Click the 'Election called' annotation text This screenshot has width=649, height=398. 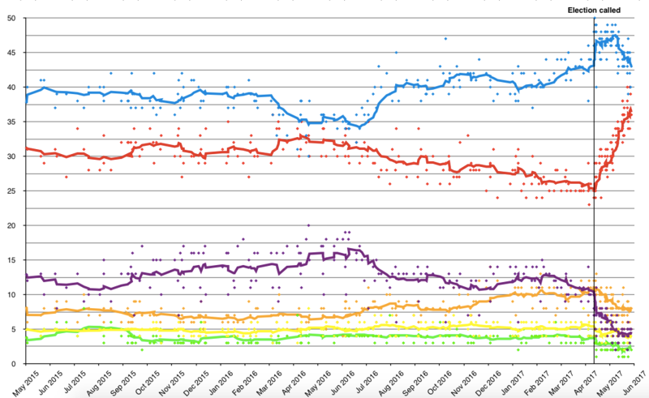point(593,9)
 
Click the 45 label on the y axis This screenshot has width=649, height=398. point(17,53)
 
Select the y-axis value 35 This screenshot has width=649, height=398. point(17,122)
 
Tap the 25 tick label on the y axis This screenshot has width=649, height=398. point(17,191)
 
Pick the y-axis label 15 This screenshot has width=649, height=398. point(17,260)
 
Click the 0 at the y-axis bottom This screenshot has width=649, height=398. point(19,364)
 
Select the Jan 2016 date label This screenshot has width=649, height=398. point(215,381)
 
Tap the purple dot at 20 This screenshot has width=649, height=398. point(308,226)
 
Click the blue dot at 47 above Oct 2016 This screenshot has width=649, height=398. point(445,39)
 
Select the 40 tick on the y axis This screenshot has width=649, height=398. point(17,87)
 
